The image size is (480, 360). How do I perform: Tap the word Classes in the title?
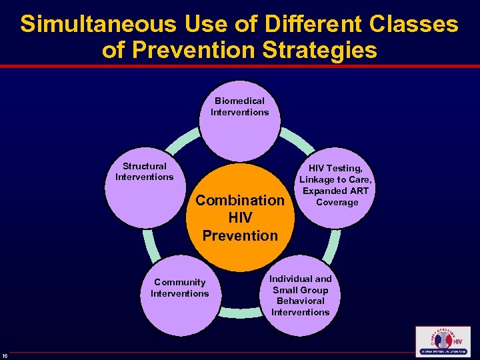(x=411, y=25)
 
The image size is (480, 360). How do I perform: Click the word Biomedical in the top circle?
(x=239, y=101)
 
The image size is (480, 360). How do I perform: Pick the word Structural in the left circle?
(x=144, y=166)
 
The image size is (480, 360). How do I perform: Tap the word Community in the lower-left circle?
(x=179, y=282)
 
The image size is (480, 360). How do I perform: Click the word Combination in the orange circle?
(x=240, y=200)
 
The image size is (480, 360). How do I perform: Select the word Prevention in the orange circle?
(x=240, y=235)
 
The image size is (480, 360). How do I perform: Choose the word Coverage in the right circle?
(x=337, y=202)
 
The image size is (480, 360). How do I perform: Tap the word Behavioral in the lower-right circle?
(x=300, y=301)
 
